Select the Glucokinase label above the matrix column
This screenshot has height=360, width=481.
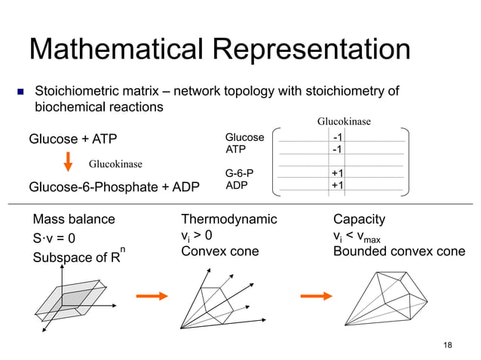click(x=344, y=121)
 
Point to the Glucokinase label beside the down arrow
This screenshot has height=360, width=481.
click(x=116, y=163)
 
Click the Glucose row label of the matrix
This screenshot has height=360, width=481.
click(x=244, y=138)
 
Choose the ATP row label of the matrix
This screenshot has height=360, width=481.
click(x=237, y=150)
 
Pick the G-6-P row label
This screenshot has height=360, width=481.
click(x=240, y=173)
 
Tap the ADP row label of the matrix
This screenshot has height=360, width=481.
click(x=237, y=185)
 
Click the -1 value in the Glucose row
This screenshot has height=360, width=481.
click(x=339, y=138)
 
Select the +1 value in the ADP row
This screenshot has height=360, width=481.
click(x=339, y=185)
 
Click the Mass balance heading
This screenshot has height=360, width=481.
click(x=74, y=220)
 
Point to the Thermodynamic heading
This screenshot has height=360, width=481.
click(x=229, y=220)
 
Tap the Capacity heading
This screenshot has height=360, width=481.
click(x=359, y=220)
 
